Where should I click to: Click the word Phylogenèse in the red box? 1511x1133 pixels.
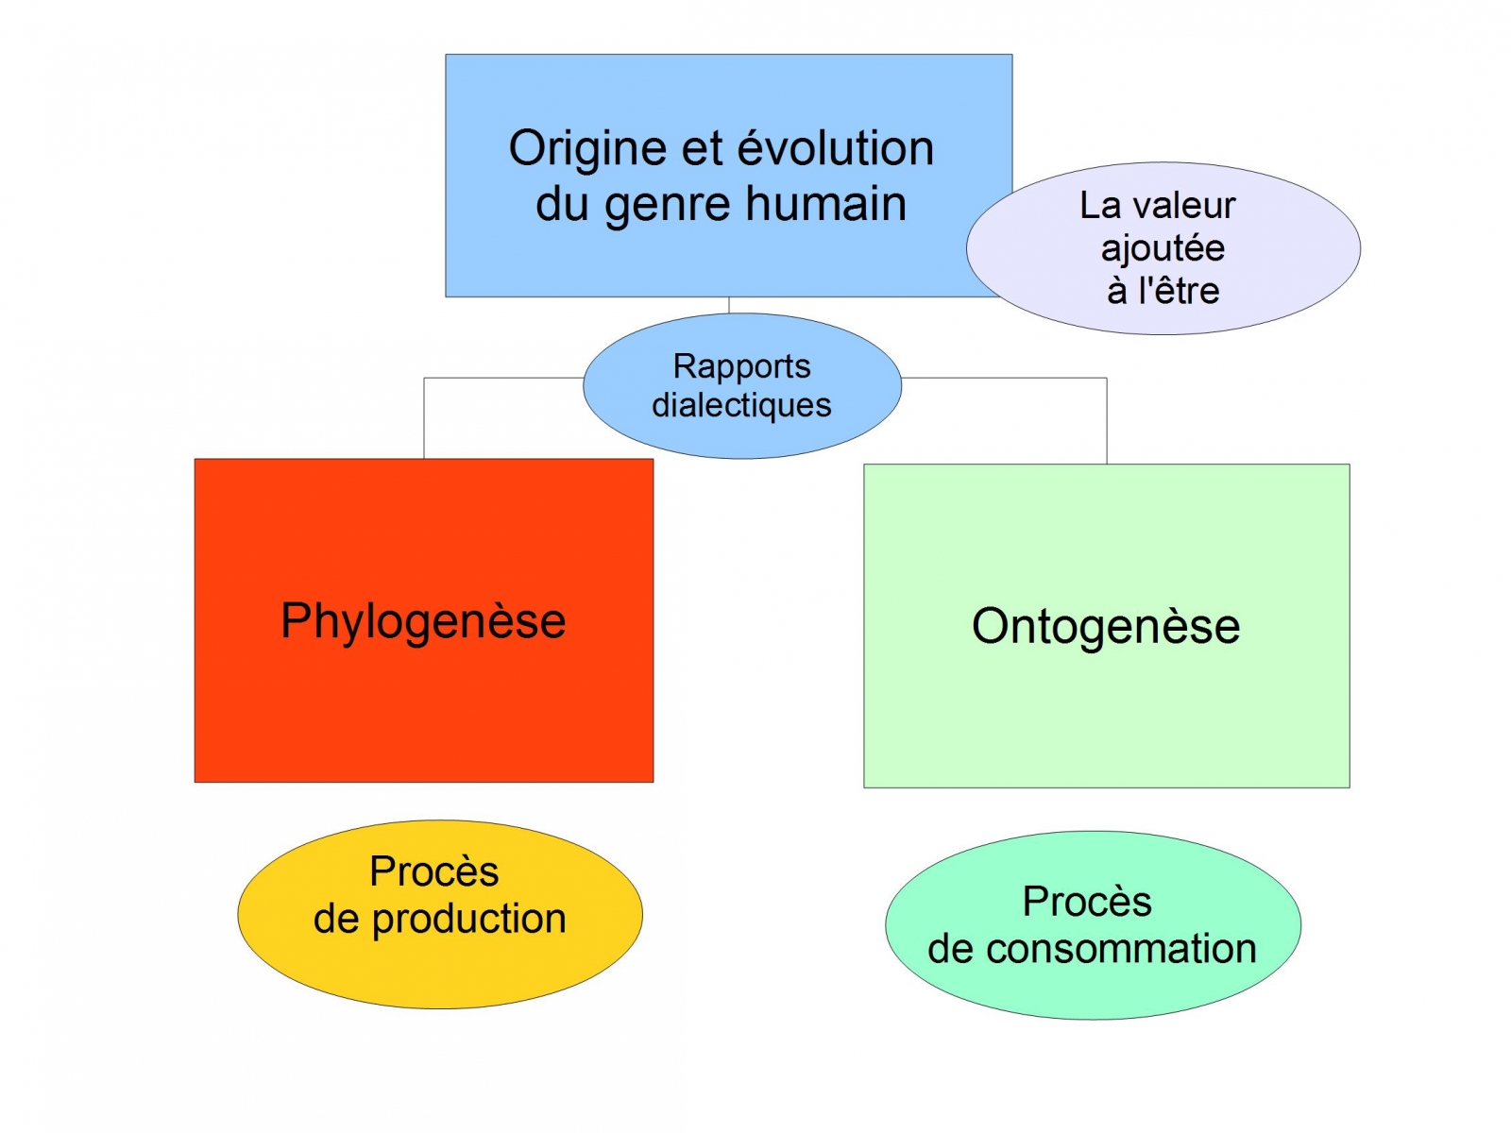(x=423, y=621)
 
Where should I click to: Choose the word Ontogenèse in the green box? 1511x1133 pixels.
(x=1106, y=626)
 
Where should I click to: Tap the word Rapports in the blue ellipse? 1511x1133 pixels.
(x=741, y=366)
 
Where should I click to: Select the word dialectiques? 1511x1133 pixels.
(x=741, y=405)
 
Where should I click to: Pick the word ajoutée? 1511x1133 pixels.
(x=1163, y=248)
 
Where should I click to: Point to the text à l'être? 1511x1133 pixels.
(x=1163, y=291)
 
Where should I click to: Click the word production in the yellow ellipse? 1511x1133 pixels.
(x=468, y=920)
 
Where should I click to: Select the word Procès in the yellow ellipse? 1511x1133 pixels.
(x=433, y=871)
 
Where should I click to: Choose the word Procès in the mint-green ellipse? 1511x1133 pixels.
(x=1087, y=902)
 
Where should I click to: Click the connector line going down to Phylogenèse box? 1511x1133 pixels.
(x=424, y=415)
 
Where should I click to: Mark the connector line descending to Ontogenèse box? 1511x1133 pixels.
(x=1107, y=420)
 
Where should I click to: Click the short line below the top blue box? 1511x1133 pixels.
(x=729, y=305)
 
